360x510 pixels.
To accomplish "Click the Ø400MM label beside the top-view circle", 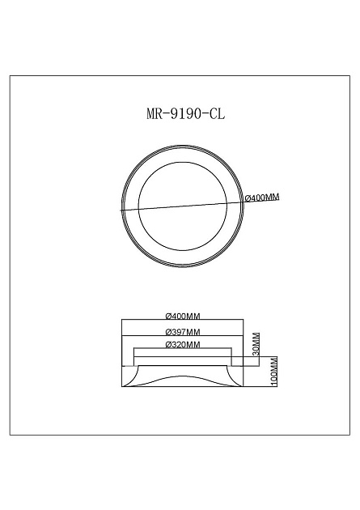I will pos(261,198).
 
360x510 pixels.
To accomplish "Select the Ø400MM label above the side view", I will pos(182,317).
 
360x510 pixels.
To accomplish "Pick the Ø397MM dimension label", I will pos(182,332).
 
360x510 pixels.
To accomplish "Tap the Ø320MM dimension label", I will pos(182,345).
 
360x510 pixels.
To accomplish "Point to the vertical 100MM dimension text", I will pos(274,372).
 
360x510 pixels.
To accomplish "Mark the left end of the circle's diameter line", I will pos(121,210).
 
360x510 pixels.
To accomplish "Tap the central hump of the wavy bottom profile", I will pos(182,376).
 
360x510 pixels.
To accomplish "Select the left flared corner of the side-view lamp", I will pos(127,377).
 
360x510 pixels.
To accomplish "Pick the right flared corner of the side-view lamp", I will pos(237,377).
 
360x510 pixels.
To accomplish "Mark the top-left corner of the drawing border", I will pos(10,75).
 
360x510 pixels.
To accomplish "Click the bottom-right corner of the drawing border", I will pos(349,435).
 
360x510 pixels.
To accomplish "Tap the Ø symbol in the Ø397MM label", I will pos(167,332).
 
